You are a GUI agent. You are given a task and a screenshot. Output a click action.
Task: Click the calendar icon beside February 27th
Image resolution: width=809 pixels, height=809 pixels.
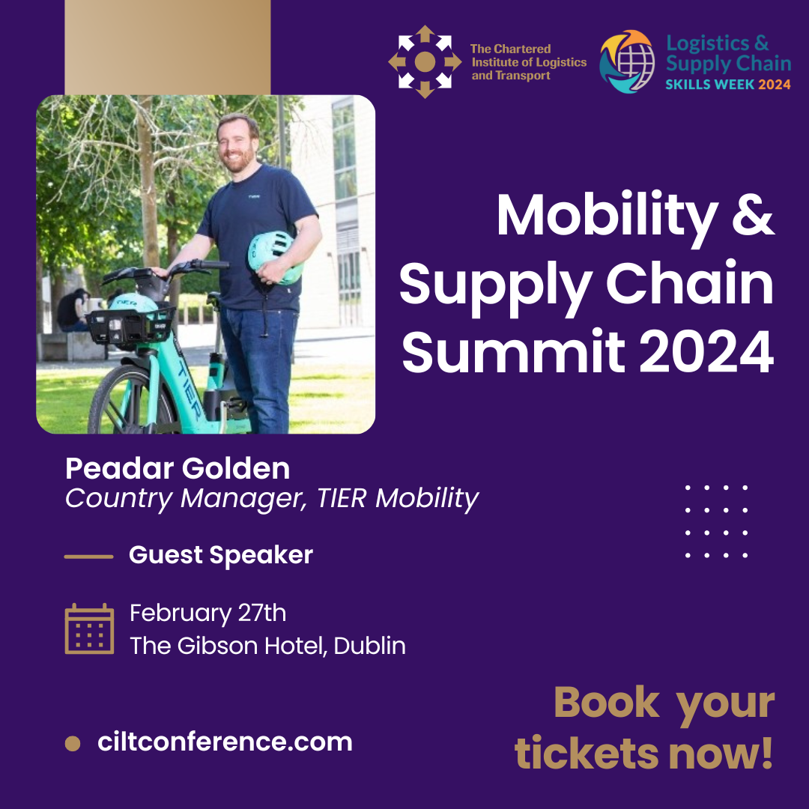coord(89,628)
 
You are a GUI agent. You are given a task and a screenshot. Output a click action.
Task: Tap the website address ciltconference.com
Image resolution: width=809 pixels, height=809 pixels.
coord(225,742)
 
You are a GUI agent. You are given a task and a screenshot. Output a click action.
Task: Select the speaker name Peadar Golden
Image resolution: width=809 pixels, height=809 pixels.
coord(178,468)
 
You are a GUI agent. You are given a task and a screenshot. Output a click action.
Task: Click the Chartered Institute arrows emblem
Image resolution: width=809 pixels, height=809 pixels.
coord(425,62)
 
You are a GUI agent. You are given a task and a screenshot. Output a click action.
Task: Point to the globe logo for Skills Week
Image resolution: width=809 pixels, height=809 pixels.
coord(627,61)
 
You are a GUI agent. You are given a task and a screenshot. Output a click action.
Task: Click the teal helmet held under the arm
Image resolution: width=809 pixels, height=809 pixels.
coord(274,257)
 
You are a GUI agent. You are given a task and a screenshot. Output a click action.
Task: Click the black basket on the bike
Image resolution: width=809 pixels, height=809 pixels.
coord(130,325)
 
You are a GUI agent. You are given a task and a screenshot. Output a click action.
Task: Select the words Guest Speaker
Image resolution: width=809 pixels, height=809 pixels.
coord(221,555)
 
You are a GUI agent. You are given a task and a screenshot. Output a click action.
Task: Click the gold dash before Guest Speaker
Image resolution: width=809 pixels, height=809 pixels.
coord(88,557)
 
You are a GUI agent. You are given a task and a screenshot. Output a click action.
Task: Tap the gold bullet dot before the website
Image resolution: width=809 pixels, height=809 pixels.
coord(73,744)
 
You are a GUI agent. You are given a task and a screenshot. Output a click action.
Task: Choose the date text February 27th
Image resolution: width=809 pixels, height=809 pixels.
coord(208,613)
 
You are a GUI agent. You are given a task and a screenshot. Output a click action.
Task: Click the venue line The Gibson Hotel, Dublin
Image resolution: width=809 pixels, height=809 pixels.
coord(267,646)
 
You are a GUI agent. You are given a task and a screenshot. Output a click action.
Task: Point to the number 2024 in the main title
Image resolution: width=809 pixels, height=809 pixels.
coord(706,352)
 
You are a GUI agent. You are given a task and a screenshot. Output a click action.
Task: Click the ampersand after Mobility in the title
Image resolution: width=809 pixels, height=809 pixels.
coord(753,215)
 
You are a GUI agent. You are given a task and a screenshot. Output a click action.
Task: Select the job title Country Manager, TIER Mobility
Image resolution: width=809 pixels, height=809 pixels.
coord(272,499)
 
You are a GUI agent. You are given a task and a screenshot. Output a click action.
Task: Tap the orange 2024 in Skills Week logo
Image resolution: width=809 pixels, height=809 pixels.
coord(774,84)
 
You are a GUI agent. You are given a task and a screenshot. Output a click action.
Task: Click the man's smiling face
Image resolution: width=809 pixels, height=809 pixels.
coord(237,145)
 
